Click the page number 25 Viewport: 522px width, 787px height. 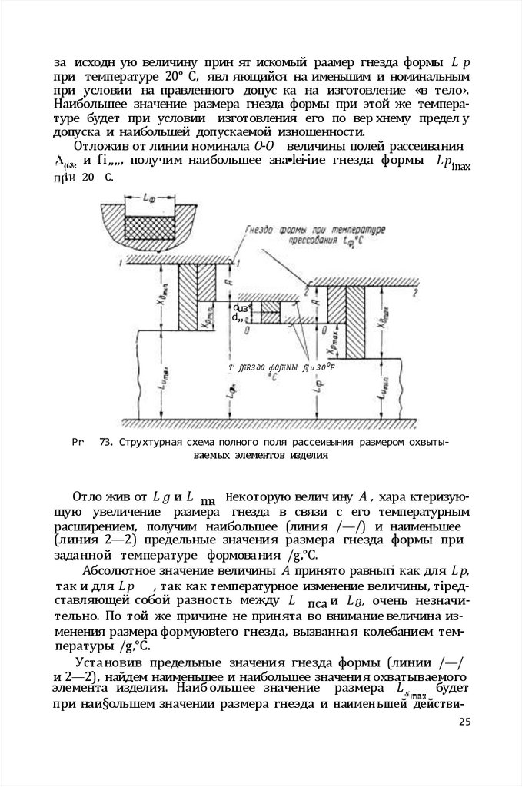pos(463,721)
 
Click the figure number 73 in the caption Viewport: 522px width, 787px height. pos(106,443)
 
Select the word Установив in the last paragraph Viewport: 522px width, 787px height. pos(109,662)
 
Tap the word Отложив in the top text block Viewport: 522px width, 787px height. pos(100,147)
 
